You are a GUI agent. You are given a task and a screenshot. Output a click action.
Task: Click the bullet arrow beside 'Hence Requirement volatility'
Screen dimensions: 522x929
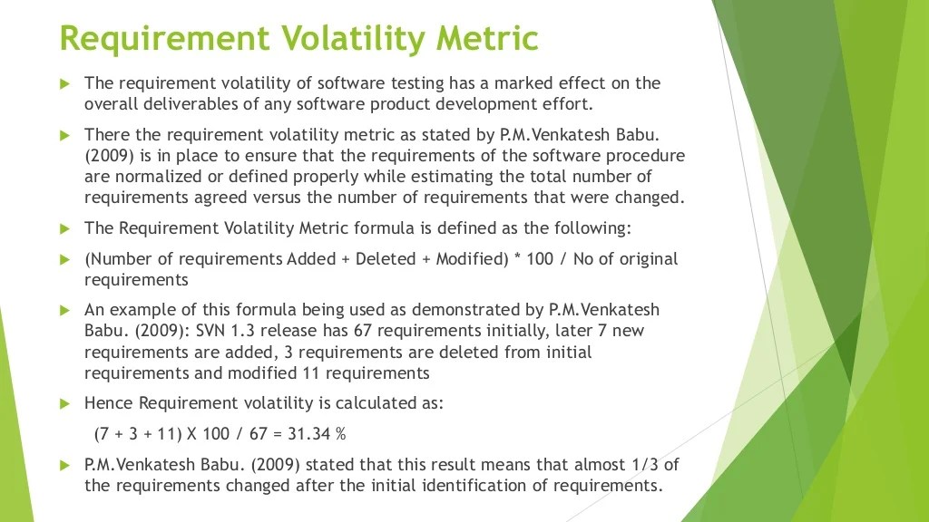coord(64,403)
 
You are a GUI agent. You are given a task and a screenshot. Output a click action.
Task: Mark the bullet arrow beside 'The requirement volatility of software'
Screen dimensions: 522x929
coord(64,83)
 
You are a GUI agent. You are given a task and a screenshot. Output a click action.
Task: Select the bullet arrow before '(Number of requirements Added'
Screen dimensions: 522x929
coord(64,259)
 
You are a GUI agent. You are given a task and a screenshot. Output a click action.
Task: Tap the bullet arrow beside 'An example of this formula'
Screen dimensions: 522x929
coord(64,310)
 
